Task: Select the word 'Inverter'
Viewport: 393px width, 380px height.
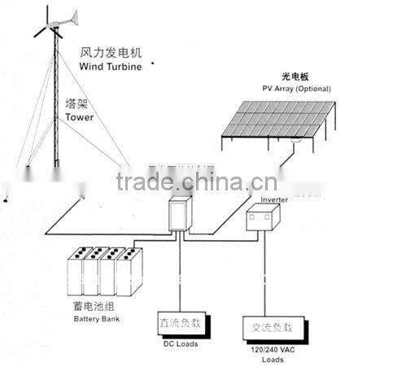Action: [x=274, y=198]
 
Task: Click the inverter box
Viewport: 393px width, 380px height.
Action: [x=262, y=221]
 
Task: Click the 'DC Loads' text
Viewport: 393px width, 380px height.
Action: [x=181, y=344]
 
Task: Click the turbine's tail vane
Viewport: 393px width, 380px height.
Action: [x=72, y=17]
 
